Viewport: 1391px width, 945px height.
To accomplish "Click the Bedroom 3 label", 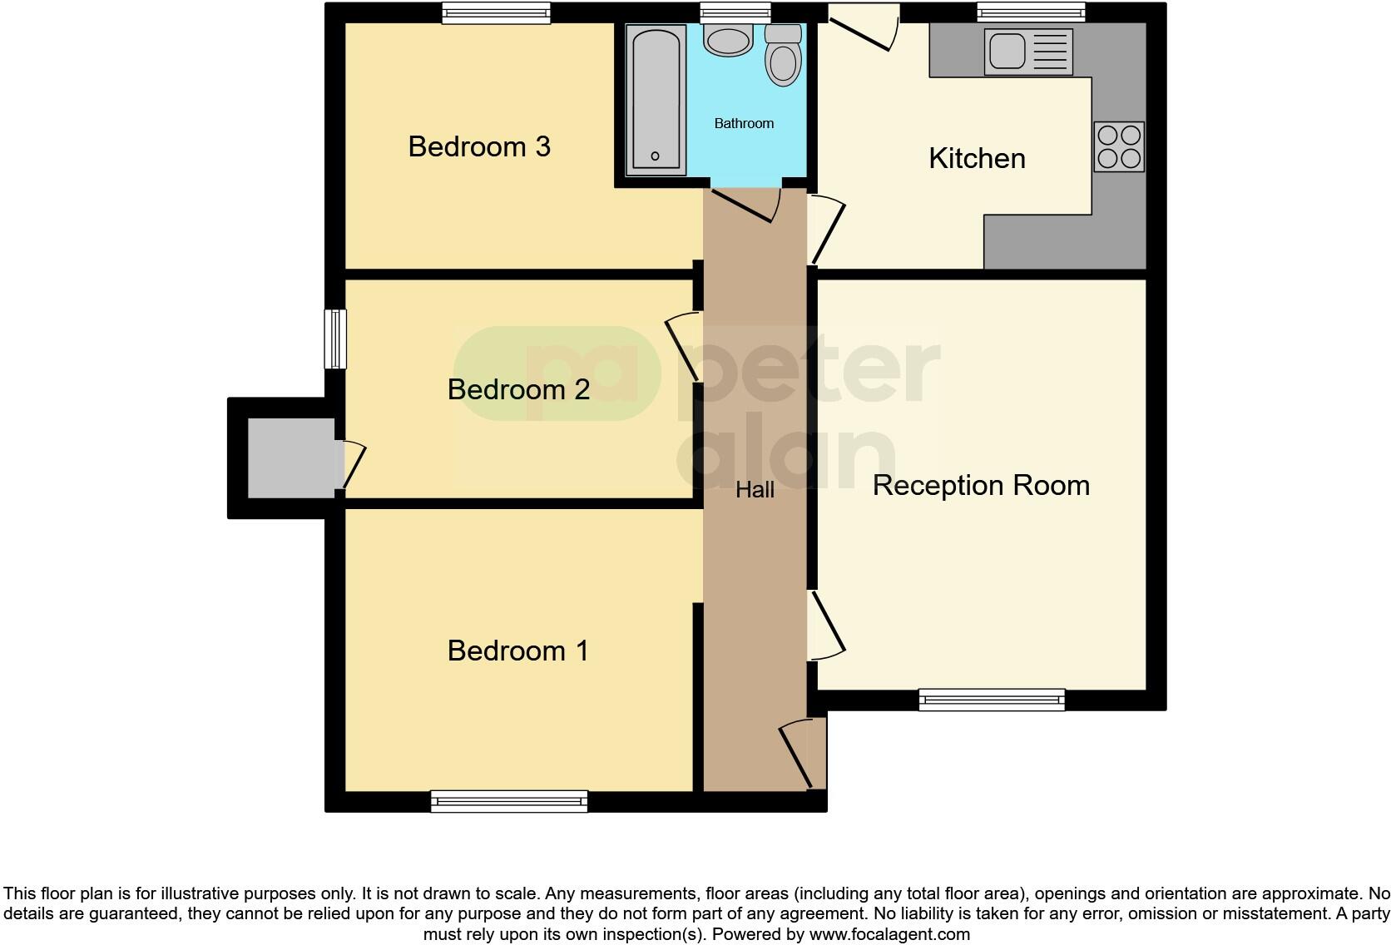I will [x=479, y=147].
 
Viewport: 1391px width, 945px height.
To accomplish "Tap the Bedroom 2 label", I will [x=518, y=389].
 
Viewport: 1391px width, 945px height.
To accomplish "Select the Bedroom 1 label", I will [x=517, y=651].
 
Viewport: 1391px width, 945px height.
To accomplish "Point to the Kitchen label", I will [x=977, y=159].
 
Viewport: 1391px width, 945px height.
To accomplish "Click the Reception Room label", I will [x=981, y=486].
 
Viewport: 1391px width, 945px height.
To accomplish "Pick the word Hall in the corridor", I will [x=755, y=491].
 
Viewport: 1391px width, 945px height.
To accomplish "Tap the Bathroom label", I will [x=744, y=124].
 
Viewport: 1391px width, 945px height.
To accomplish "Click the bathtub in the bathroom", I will [x=655, y=100].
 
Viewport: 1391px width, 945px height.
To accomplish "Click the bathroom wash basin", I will [x=728, y=41].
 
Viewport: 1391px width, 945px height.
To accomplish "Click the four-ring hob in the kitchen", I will [x=1118, y=147].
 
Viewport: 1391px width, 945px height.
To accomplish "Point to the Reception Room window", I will [x=992, y=700].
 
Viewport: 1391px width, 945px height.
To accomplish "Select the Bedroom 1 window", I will [x=509, y=801].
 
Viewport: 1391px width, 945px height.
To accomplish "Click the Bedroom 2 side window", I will [x=334, y=339].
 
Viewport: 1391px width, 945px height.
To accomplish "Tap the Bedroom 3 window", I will [x=496, y=12].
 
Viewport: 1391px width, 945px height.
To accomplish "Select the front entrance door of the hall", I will [x=802, y=754].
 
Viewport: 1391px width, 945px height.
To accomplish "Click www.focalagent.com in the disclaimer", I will [x=889, y=934].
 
